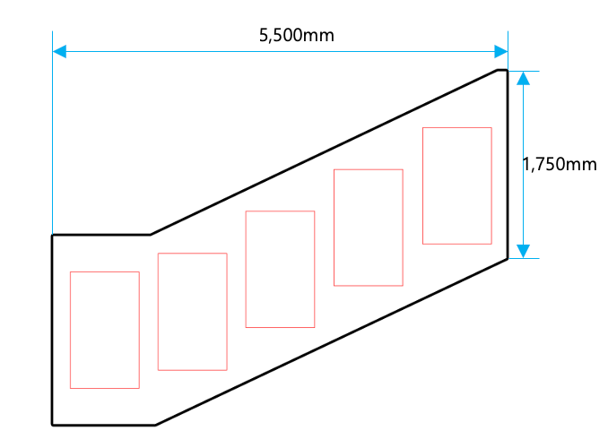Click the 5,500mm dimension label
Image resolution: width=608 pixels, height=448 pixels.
[x=296, y=35]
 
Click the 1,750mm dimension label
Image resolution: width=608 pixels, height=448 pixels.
[x=560, y=164]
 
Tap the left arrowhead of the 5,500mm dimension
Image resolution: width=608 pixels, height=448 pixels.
[x=59, y=51]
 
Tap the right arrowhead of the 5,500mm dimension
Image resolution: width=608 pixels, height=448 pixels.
[x=501, y=51]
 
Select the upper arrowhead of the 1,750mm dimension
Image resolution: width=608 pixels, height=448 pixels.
[x=523, y=78]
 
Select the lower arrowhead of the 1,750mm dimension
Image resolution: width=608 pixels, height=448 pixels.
[x=523, y=251]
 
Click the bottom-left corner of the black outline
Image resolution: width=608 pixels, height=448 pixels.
[x=52, y=425]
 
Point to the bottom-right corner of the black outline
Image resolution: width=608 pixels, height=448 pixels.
[x=508, y=258]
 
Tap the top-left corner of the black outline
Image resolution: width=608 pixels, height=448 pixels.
[x=52, y=235]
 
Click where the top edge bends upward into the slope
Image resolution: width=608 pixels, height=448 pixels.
[x=151, y=235]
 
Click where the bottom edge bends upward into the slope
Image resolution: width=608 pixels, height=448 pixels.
[x=155, y=425]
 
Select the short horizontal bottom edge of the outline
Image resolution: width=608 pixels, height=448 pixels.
[x=104, y=425]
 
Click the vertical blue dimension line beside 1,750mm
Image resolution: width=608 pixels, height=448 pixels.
[x=523, y=165]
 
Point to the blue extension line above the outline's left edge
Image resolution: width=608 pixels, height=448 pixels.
[x=52, y=133]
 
